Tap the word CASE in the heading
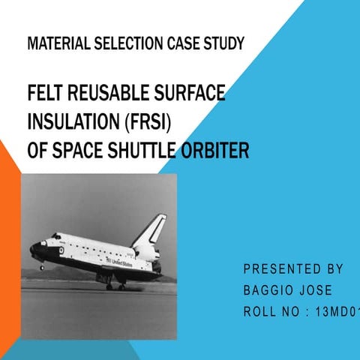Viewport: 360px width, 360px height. [x=184, y=43]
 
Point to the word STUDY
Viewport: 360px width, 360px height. [x=224, y=43]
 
